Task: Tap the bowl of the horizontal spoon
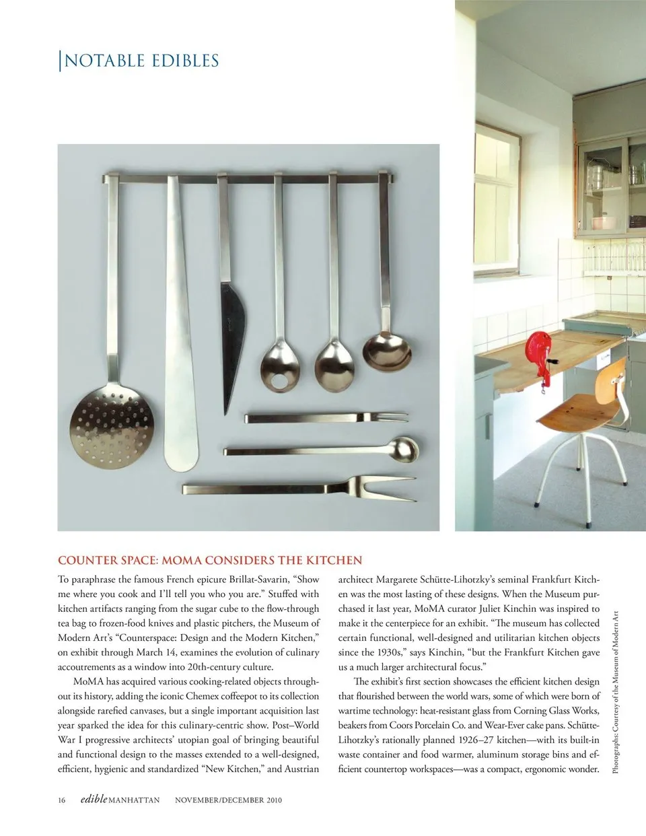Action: (x=404, y=448)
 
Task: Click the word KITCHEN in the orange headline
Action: (x=334, y=560)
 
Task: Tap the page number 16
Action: (x=62, y=800)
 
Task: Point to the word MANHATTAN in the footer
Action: (x=135, y=800)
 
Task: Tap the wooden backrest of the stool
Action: (x=609, y=374)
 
